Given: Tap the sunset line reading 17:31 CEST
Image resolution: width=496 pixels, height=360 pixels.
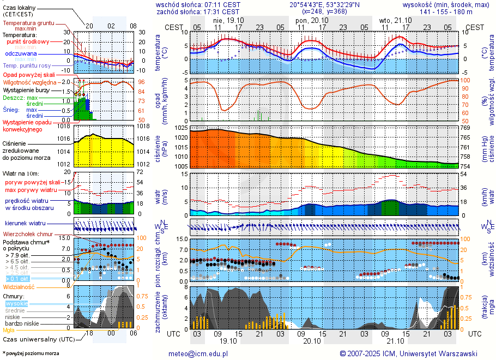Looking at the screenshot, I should (221, 11).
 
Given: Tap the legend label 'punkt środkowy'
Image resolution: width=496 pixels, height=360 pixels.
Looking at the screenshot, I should (28, 41).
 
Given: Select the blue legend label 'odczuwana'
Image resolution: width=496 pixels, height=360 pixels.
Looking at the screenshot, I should (21, 54).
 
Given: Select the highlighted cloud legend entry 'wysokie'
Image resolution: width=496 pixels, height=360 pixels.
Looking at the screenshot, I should (16, 303).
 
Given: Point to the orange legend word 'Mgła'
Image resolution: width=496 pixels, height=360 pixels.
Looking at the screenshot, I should (9, 330).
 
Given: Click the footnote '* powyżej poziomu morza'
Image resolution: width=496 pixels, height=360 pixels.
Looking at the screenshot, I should (31, 353).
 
